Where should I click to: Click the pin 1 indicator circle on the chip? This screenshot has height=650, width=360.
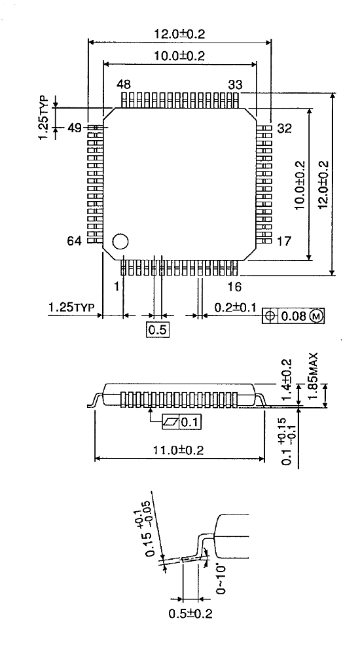coord(120,242)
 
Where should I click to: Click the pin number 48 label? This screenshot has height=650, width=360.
coord(124,84)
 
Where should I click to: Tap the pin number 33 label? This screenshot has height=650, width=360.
coord(235,84)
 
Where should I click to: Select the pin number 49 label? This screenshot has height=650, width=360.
coord(73,128)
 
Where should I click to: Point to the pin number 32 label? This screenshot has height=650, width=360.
coord(284,128)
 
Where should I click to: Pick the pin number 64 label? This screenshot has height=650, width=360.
coord(73,242)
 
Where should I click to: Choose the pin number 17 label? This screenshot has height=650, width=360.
coord(284,242)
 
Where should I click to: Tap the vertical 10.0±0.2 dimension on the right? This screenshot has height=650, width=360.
coord(300,185)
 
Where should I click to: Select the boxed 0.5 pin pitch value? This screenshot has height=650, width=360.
coord(157,330)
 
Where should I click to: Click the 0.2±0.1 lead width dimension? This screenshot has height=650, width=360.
coord(232,306)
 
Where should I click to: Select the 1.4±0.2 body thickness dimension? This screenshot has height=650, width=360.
coord(285,379)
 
